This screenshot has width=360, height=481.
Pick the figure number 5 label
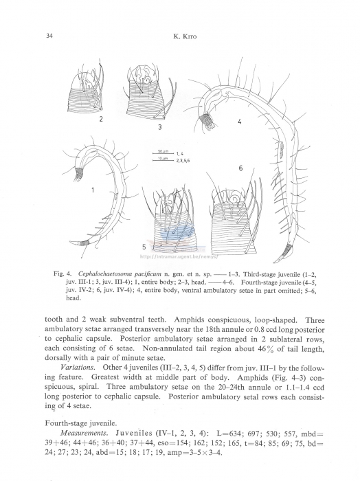click(144, 245)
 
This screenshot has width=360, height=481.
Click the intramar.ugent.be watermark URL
click(178, 258)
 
